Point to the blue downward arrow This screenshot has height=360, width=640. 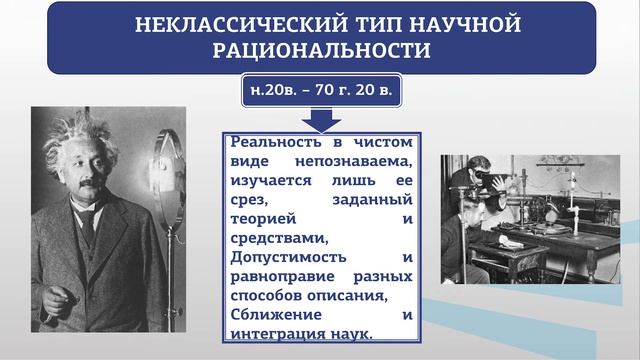click(x=321, y=120)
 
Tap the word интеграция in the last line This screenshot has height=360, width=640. click(x=283, y=333)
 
